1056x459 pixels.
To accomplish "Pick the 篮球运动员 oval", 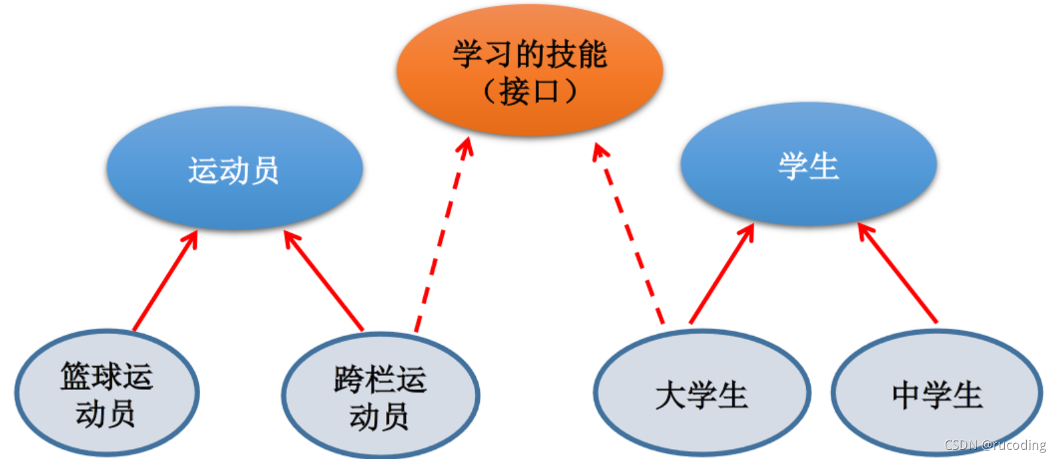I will click(x=106, y=394).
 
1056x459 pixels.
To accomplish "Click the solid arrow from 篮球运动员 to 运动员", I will click(x=165, y=281).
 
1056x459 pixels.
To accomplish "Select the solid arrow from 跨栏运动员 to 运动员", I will click(x=325, y=281).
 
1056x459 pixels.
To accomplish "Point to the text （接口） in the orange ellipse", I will click(x=530, y=92).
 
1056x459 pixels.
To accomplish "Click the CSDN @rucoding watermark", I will click(x=995, y=445).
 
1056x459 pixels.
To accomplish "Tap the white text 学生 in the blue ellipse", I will click(x=808, y=165).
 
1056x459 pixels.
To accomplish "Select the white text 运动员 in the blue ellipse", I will click(x=234, y=171).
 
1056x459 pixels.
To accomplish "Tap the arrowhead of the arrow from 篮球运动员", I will click(x=192, y=236).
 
